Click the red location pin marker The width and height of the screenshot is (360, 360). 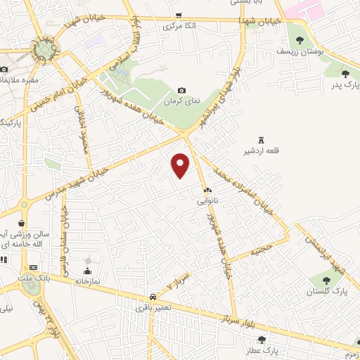coord(181,164)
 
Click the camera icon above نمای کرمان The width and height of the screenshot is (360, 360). coord(181,90)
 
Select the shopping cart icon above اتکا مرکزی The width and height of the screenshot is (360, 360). coord(179,15)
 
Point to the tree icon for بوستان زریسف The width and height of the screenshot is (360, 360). coord(300,40)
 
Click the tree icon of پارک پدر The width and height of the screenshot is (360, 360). coord(345,73)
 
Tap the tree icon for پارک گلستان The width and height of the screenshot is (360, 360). coord(321,281)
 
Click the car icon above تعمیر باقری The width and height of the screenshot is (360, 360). coord(153,297)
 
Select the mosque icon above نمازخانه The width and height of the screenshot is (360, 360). coord(88,271)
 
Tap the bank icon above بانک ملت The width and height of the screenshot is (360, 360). coord(33,268)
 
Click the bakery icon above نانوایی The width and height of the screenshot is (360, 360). coord(207,191)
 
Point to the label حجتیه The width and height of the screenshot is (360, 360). coord(262,249)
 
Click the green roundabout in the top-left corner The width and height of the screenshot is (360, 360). coord(46,49)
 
